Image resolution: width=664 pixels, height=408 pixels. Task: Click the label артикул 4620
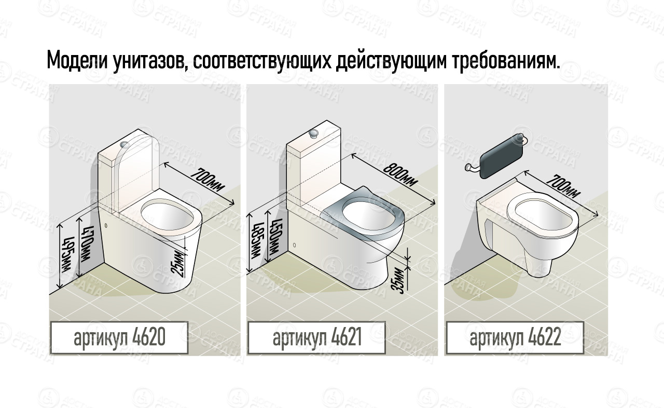(119, 338)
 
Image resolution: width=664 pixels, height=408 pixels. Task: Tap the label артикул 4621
(316, 338)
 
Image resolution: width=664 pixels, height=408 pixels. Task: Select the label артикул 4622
(515, 338)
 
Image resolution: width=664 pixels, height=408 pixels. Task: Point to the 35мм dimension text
(399, 280)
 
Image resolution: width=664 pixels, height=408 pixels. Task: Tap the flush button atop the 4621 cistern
(313, 133)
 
